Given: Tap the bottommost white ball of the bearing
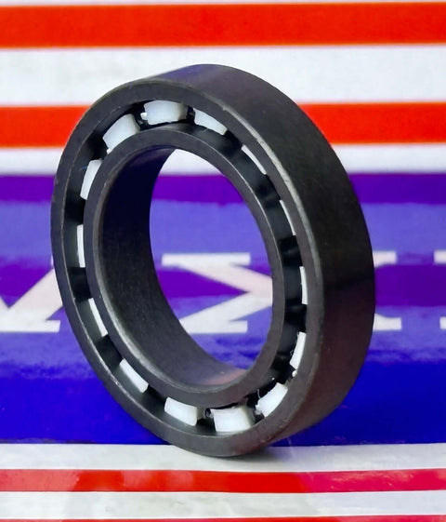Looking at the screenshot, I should (231, 418).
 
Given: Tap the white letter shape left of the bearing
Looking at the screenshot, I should (28, 312).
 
